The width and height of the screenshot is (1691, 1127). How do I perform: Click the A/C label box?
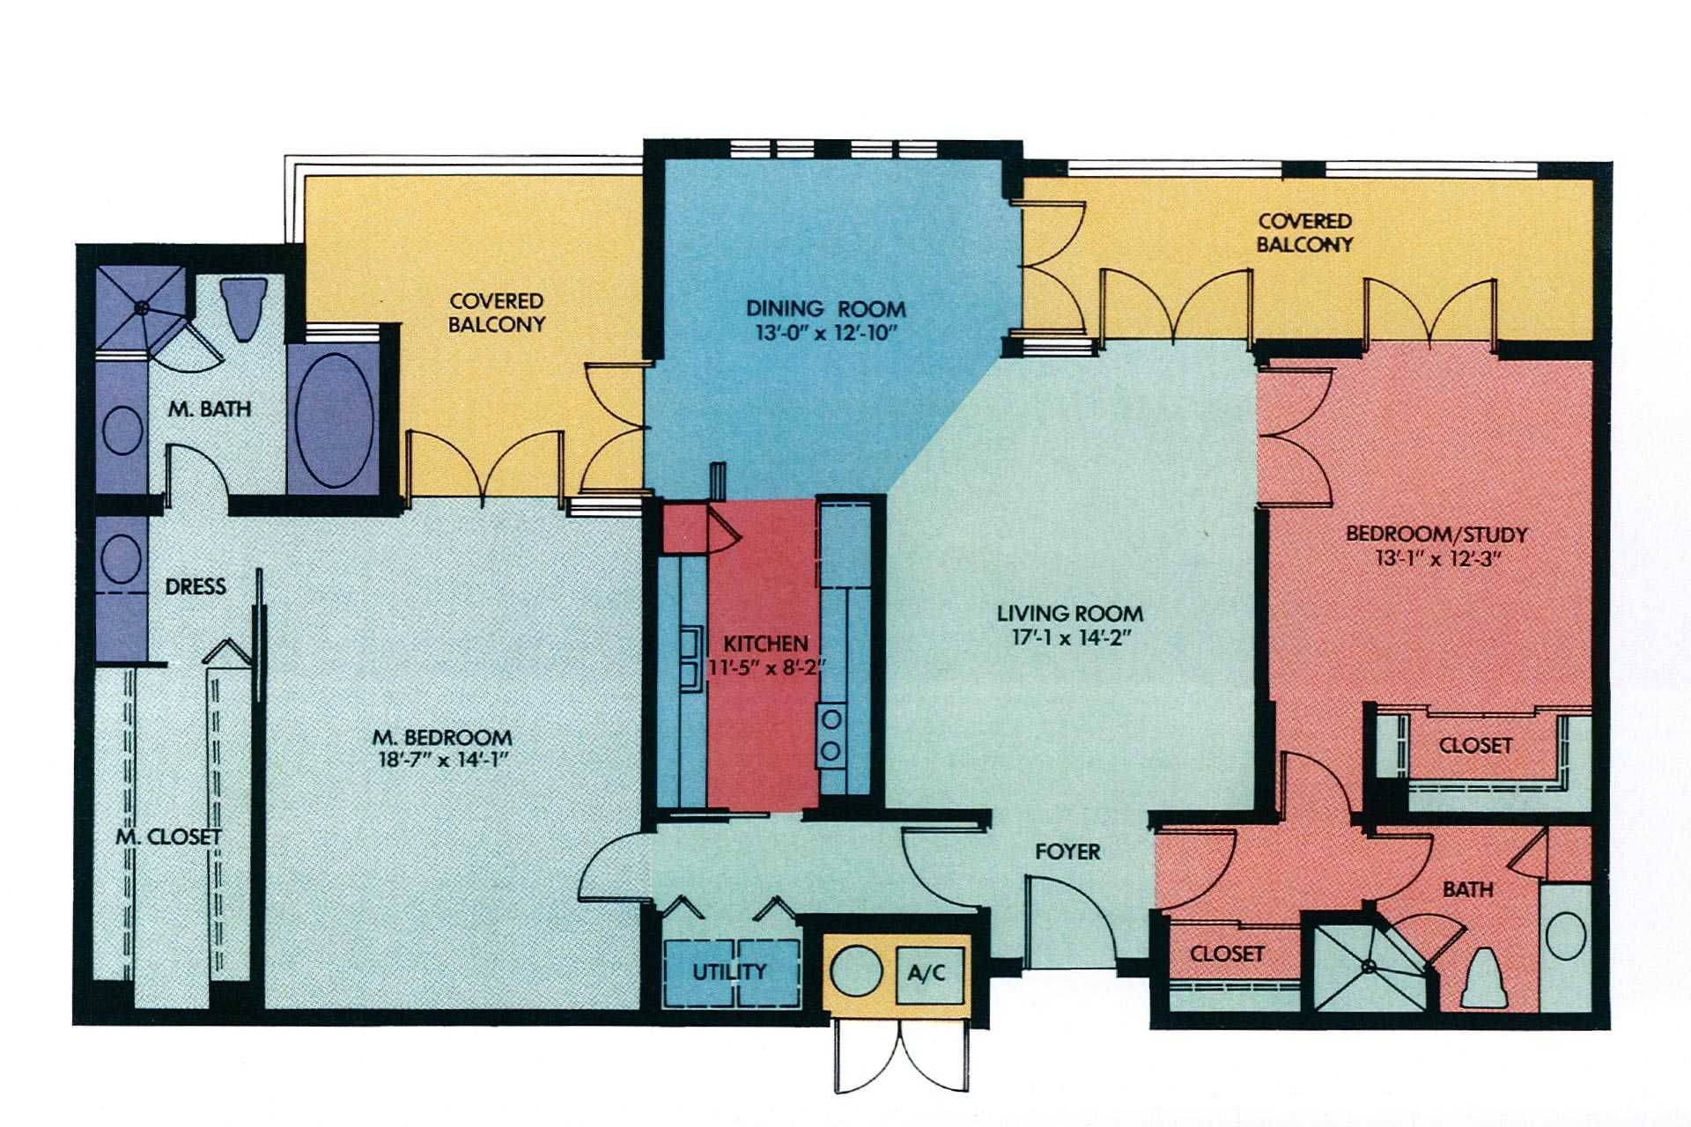927,973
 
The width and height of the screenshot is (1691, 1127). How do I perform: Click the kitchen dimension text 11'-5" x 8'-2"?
765,667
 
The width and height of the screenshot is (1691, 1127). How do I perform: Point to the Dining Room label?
825,309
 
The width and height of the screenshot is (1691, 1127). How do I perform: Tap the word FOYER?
1067,851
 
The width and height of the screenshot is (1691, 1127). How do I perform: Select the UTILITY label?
729,972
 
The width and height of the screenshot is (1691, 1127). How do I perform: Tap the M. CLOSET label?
169,836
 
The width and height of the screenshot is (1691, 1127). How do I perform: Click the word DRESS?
196,586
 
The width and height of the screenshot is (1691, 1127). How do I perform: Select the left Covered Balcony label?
497,313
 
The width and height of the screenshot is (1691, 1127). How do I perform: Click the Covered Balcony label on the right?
1304,233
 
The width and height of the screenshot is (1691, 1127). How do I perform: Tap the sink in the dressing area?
122,557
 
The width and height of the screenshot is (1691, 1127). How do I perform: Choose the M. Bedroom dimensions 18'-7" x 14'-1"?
441,760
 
